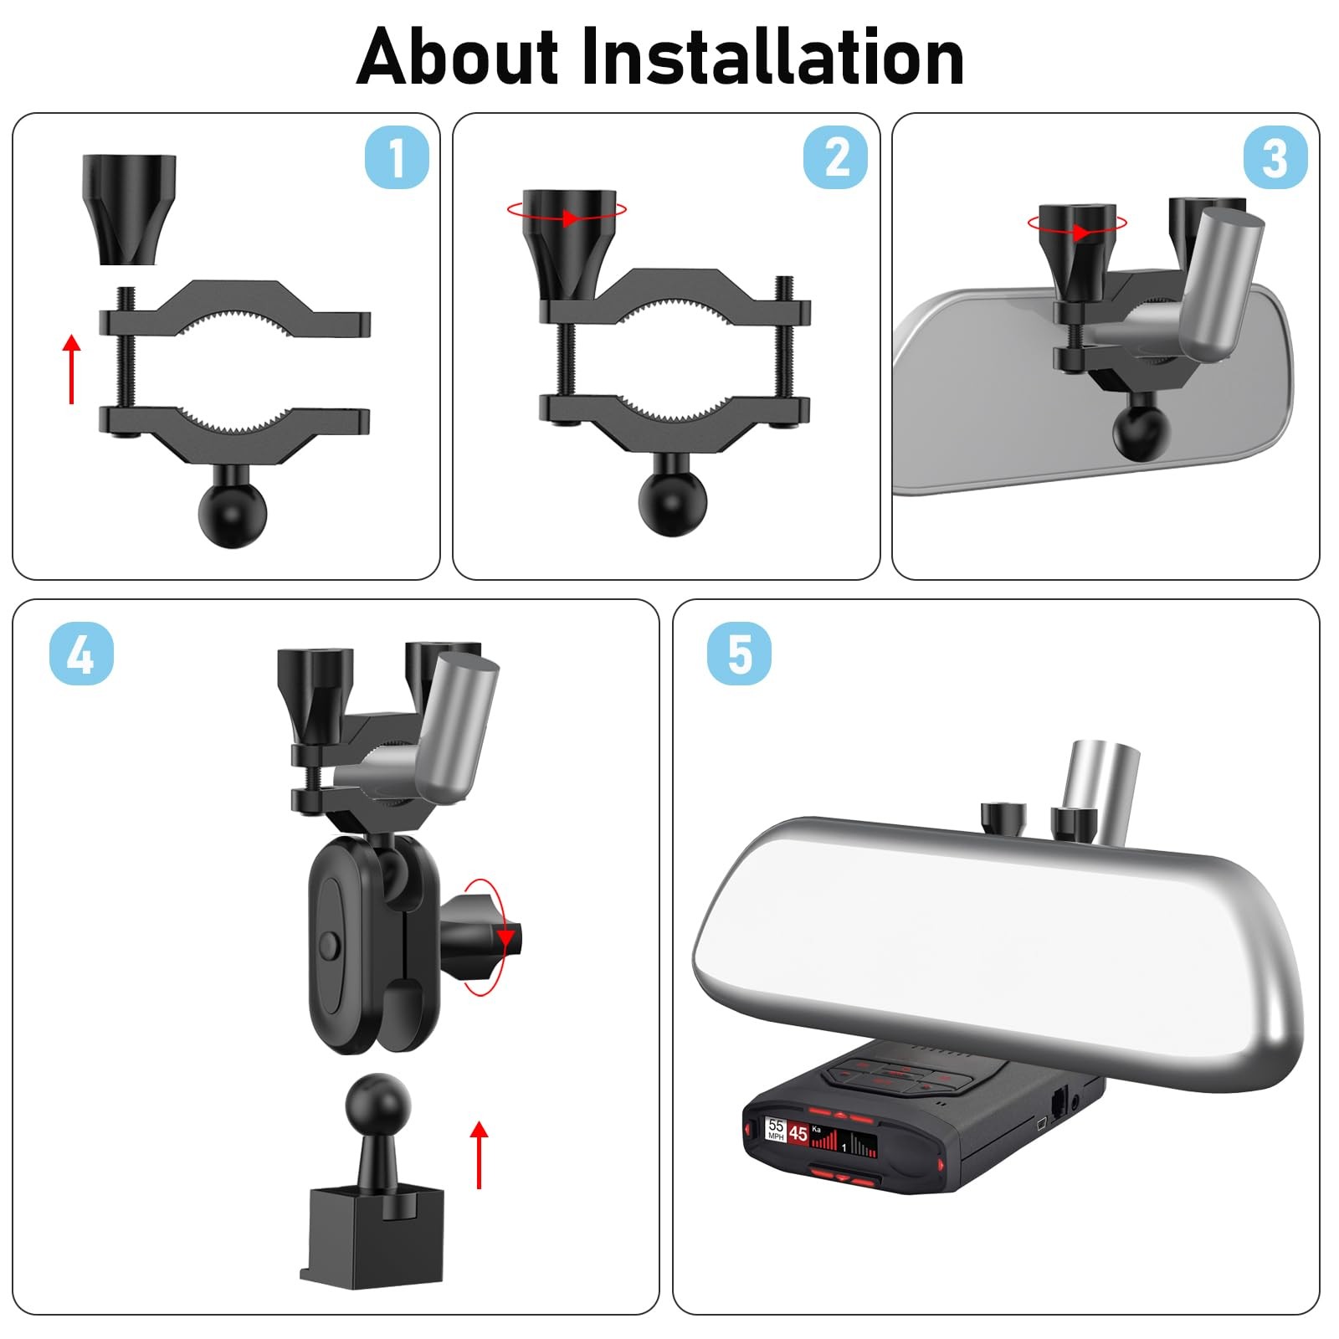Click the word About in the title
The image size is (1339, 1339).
coord(457,57)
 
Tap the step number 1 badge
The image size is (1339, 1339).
coord(397,156)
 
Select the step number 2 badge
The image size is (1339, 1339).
coord(835,156)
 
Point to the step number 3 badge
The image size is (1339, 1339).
coord(1275,156)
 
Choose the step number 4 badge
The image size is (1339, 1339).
coord(81,654)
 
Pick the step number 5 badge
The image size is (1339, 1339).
coord(739,654)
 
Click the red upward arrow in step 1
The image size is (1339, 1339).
coord(73,368)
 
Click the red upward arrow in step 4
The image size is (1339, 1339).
coord(479,1155)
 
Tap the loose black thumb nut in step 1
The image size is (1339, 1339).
coord(129,209)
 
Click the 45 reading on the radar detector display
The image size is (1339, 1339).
coord(798,1133)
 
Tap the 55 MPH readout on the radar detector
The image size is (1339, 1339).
coord(776,1130)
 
